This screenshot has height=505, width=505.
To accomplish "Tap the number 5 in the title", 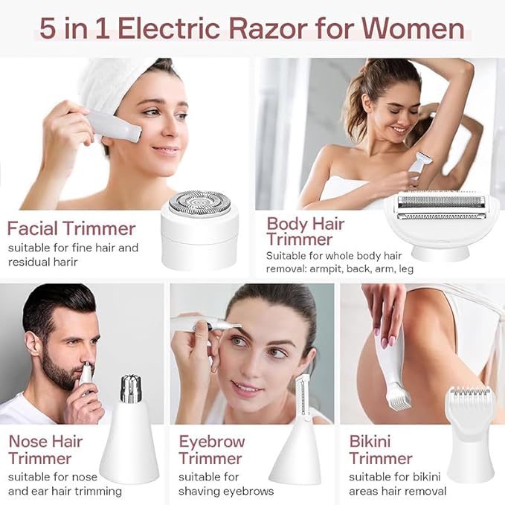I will click(x=50, y=30).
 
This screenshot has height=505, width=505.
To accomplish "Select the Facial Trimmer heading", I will click(x=71, y=228).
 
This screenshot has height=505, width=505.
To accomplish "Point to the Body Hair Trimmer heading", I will click(x=300, y=231).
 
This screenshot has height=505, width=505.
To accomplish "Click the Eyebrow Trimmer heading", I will click(x=210, y=449).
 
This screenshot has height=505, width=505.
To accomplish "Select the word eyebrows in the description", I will click(x=248, y=491).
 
